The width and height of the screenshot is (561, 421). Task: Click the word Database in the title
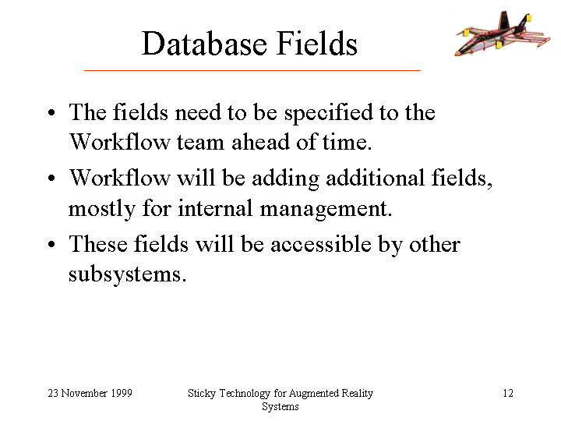204,44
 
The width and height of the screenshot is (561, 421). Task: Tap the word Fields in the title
317,43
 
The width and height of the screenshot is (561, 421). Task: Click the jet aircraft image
503,34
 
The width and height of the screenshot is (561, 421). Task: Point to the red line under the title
252,70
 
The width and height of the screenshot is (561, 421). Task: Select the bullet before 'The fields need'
51,112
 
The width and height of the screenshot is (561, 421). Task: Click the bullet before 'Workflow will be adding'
51,179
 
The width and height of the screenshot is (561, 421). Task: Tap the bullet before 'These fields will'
51,245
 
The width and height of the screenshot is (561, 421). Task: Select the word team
200,142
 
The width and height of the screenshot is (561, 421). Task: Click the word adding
285,179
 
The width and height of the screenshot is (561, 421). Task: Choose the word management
326,210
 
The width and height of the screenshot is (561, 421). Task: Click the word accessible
321,244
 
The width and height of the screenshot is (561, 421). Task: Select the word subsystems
127,275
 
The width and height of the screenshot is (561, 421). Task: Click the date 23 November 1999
90,393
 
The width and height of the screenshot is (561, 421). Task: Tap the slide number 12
508,393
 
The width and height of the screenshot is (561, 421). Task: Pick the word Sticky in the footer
202,394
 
